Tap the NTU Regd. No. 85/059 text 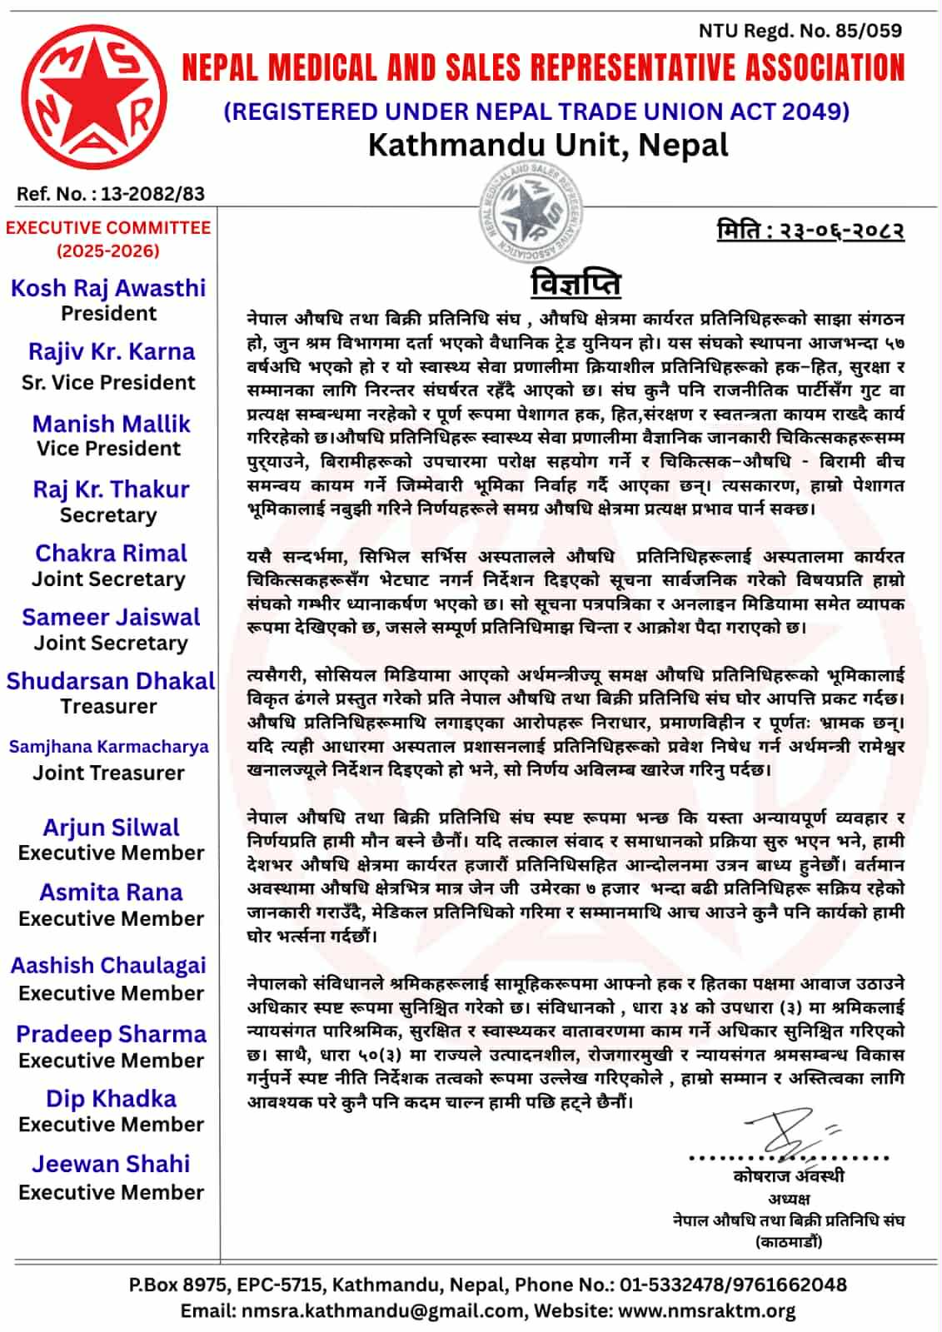tap(800, 31)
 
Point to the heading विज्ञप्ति tap(576, 283)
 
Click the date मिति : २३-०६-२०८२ tap(810, 230)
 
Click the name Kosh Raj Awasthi tap(108, 288)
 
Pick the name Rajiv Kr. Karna tap(112, 351)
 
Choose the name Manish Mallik tap(112, 424)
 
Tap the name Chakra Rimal tap(111, 554)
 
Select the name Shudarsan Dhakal tap(111, 681)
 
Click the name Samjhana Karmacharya tap(109, 747)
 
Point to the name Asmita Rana tap(111, 892)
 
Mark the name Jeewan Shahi tap(111, 1164)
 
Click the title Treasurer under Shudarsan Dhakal tap(108, 706)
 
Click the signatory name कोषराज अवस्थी tap(789, 1175)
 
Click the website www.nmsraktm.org tap(707, 1311)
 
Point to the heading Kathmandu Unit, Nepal tap(548, 146)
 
